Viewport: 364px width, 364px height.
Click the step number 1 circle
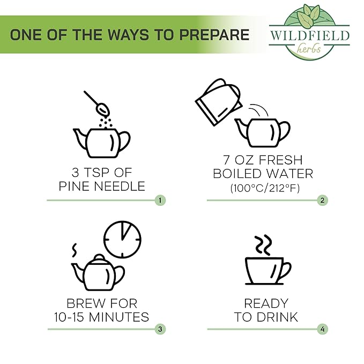click(160, 200)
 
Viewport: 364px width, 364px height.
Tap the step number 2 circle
click(322, 200)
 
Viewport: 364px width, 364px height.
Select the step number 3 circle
click(160, 329)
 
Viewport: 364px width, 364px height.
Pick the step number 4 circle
click(322, 329)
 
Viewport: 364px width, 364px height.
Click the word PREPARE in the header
click(214, 35)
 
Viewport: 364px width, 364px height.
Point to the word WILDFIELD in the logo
click(309, 36)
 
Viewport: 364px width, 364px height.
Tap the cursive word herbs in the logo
click(309, 48)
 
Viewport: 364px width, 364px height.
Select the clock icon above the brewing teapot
click(122, 239)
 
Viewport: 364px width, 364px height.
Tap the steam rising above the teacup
click(263, 245)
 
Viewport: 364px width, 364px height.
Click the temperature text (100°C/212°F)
click(265, 188)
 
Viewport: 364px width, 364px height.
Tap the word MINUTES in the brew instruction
click(119, 317)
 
